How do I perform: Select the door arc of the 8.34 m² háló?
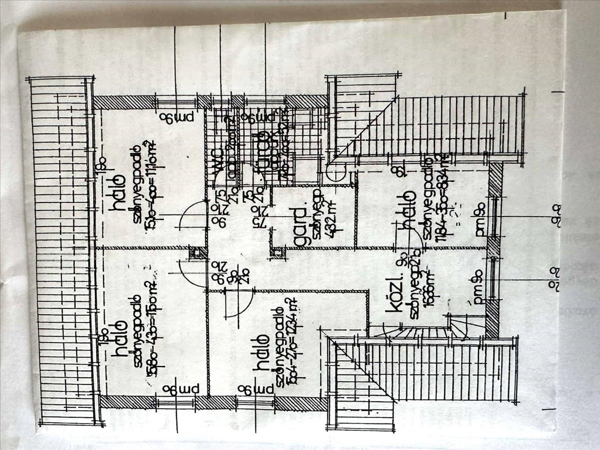(x=410, y=240)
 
